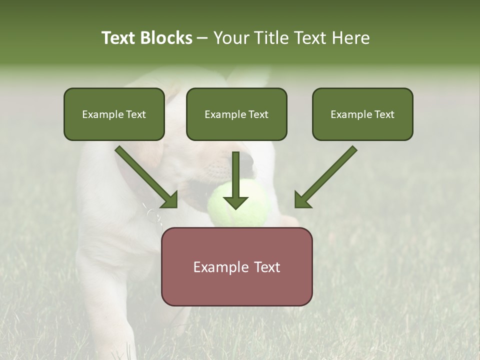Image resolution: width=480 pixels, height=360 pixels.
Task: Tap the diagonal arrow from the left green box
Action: click(146, 177)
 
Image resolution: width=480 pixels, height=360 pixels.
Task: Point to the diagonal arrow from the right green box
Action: click(325, 177)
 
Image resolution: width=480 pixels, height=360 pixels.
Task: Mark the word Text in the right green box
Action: click(384, 114)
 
